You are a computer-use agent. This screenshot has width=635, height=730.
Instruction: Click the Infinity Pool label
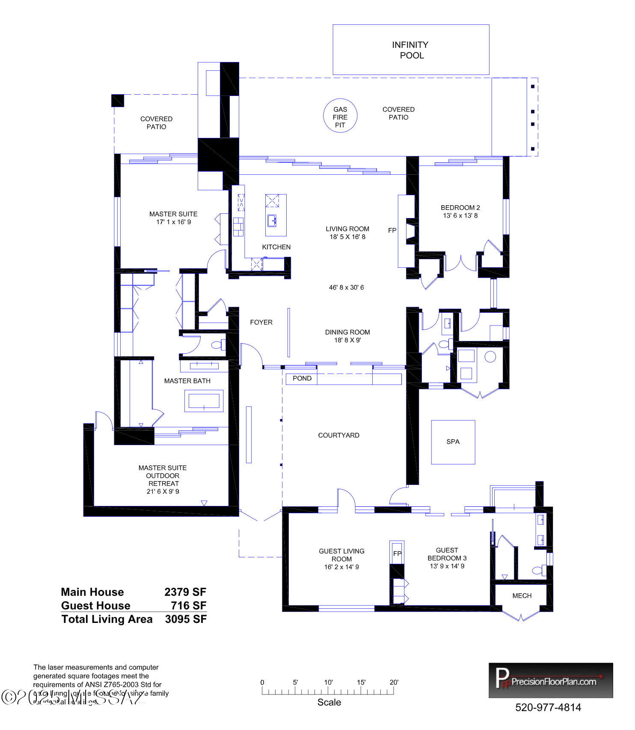coord(410,50)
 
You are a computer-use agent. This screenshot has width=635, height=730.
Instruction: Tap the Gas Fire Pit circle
coord(340,116)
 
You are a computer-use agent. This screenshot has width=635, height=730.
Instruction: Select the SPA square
coord(453,442)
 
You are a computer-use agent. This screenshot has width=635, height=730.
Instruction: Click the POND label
coord(302,378)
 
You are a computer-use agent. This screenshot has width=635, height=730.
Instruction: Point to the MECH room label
coord(522,596)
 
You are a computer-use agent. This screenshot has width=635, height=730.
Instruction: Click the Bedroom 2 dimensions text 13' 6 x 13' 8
coord(460,215)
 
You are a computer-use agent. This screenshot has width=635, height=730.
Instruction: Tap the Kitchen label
coord(276,247)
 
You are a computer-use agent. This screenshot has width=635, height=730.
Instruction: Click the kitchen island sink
coord(272,221)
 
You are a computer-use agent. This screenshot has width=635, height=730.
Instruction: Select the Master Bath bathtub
coord(204,401)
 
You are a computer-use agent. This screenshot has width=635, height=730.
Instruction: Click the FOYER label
coord(261,322)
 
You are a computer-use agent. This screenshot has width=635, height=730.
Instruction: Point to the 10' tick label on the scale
coord(328,682)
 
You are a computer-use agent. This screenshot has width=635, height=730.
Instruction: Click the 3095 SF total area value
coord(186,619)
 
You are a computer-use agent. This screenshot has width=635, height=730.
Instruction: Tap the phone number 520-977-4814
coord(548,707)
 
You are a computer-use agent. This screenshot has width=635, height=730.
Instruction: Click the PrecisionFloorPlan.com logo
coord(550,680)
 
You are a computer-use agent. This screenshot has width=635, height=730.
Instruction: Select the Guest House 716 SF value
coord(188,605)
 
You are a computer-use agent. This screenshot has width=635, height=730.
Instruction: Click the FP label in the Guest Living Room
coord(397,553)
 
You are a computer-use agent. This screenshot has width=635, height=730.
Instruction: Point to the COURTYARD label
coord(338,435)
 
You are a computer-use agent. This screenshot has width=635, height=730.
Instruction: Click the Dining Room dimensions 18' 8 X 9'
coord(347,340)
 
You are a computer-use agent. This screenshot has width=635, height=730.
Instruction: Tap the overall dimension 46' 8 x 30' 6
coord(346,287)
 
